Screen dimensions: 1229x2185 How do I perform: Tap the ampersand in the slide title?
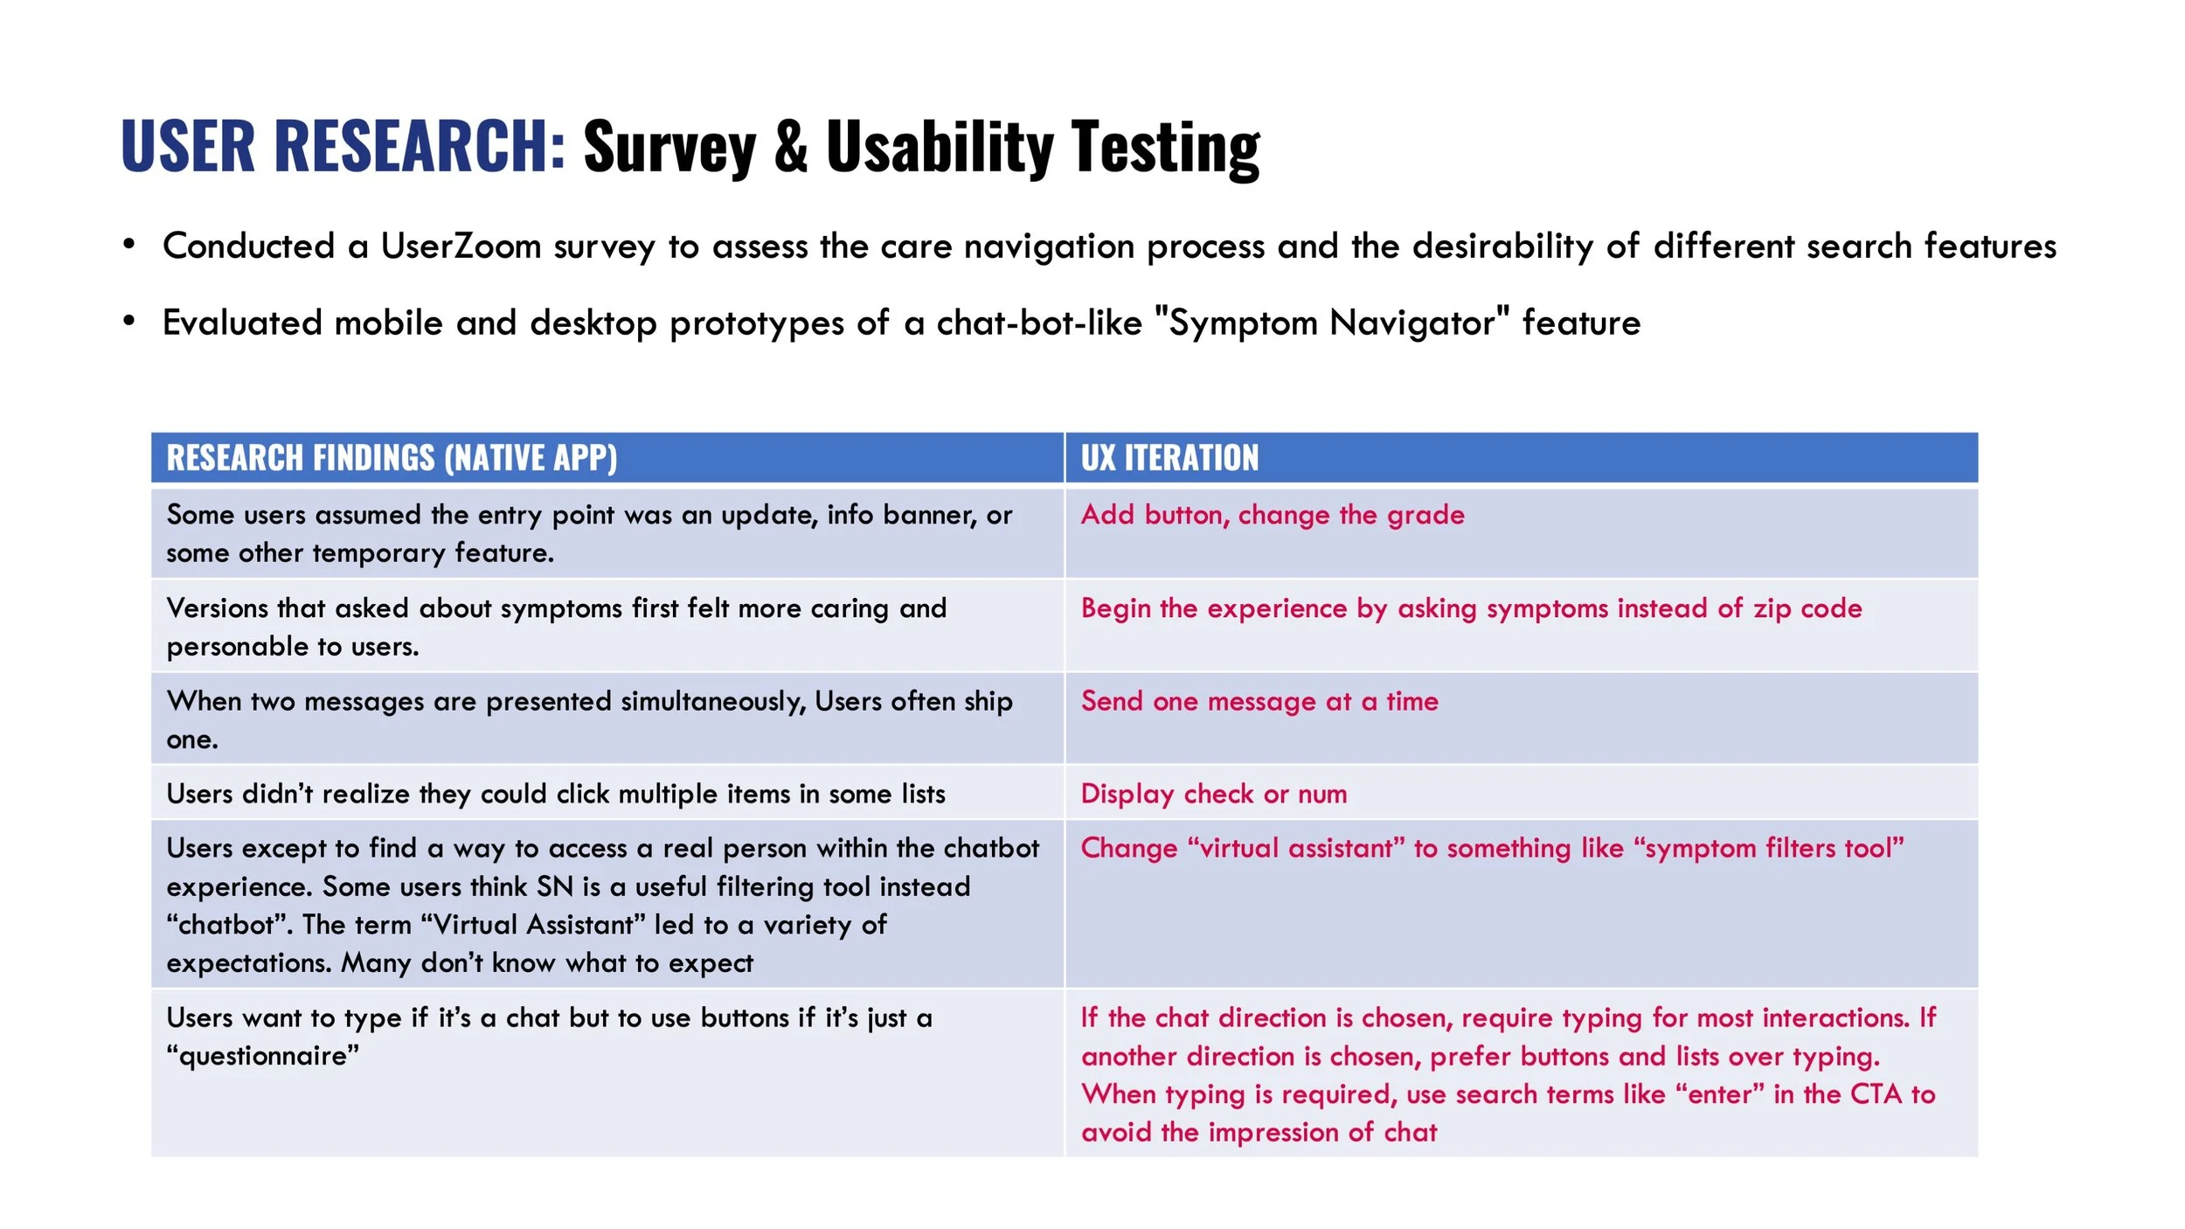click(790, 145)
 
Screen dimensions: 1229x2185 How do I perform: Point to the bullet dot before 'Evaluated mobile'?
click(129, 321)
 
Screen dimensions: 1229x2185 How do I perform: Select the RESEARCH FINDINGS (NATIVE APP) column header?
click(392, 458)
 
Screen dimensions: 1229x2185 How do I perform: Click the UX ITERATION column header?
click(1169, 458)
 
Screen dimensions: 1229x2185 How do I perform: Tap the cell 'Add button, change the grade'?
click(1272, 515)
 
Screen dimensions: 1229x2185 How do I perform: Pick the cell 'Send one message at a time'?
click(1259, 701)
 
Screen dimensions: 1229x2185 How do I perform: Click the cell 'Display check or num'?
click(1213, 794)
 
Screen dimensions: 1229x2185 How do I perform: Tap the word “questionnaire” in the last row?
click(262, 1056)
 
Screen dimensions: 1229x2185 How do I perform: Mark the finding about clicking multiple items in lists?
click(556, 794)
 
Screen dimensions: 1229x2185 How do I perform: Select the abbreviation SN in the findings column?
click(555, 886)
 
